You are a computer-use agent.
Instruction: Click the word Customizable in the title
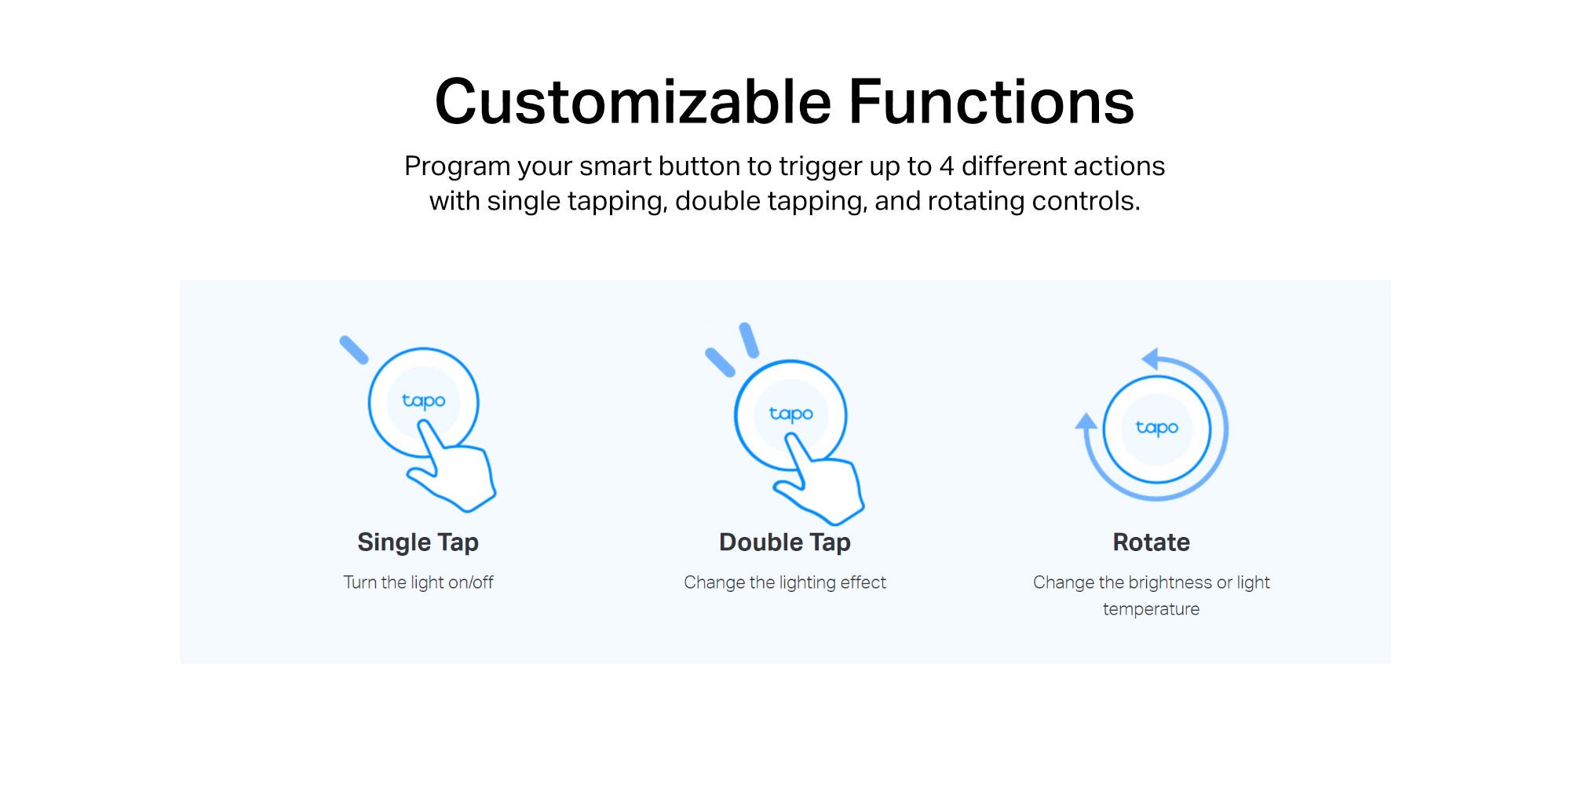tap(633, 102)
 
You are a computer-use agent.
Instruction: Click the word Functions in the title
tap(991, 102)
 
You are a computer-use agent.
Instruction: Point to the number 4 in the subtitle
tap(947, 166)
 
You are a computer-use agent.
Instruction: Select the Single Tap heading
tap(418, 542)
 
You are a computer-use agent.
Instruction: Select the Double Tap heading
tap(785, 542)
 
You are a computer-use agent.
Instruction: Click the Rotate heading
tap(1151, 542)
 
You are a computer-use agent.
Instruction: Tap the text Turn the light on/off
tap(418, 582)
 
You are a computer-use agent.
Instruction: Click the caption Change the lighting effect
tap(785, 582)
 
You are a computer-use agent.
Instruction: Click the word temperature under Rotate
tap(1151, 609)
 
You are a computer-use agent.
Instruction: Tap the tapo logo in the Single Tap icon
tap(423, 401)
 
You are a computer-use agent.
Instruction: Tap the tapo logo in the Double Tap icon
tap(790, 414)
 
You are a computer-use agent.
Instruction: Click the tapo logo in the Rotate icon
tap(1157, 428)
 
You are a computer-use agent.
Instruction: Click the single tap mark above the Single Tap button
tap(353, 350)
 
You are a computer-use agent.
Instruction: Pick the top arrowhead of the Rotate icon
tap(1150, 360)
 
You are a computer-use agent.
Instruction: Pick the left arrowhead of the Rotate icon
tap(1086, 422)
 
